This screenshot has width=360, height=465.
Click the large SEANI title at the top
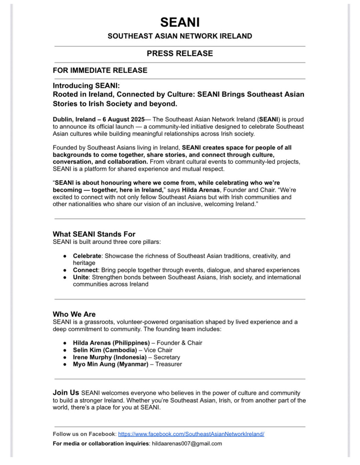pos(180,22)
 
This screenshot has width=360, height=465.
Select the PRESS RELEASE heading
pos(180,53)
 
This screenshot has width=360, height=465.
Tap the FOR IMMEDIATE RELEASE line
pos(100,71)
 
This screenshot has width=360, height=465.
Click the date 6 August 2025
pos(124,119)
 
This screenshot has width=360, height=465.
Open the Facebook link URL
pos(191,434)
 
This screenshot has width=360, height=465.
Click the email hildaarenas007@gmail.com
pos(187,444)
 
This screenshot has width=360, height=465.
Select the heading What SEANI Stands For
pos(94,234)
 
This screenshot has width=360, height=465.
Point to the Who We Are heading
pos(74,314)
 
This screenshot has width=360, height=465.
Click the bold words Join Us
pos(66,393)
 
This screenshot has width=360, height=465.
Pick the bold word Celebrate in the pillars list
pos(87,256)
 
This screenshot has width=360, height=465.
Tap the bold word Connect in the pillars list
pos(85,270)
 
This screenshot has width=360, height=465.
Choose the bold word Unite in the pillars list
pos(81,277)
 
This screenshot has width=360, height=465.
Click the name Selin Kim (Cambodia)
pos(105,350)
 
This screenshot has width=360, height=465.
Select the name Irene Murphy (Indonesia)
pos(110,357)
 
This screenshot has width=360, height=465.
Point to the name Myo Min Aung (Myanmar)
pos(111,364)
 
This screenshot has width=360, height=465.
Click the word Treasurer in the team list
pos(169,364)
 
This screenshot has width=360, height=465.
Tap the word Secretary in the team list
pos(167,357)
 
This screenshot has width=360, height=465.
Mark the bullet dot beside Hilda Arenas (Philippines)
pos(65,343)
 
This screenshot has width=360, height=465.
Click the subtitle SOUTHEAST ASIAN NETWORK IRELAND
pos(180,36)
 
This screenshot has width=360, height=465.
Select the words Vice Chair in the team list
pos(158,350)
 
